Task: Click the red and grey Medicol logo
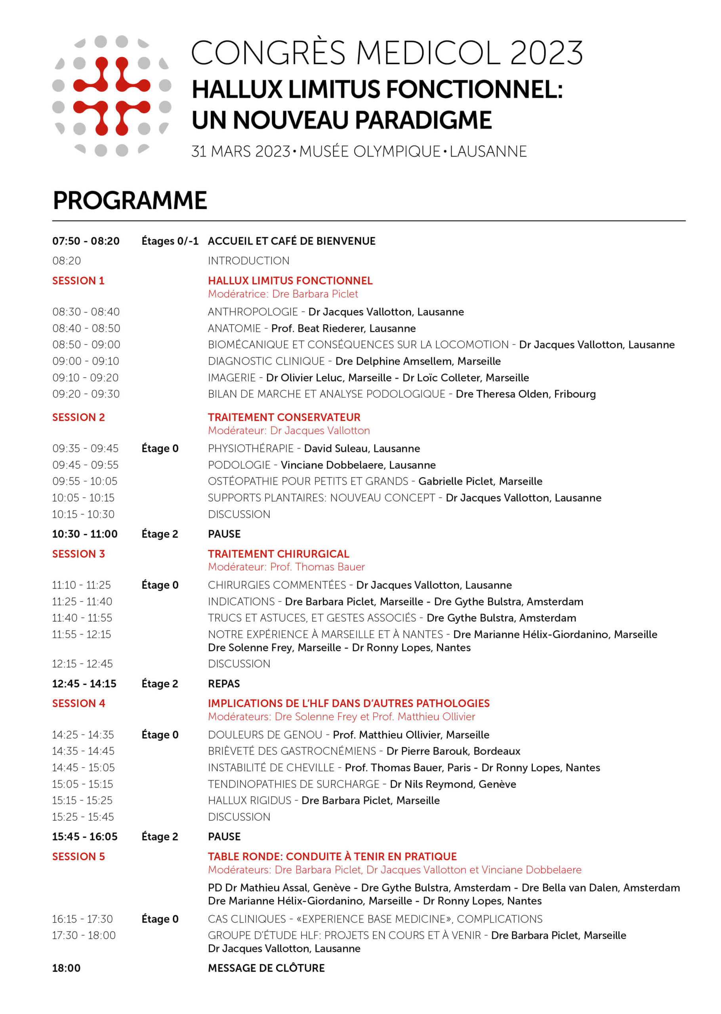point(111,96)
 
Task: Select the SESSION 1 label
point(78,280)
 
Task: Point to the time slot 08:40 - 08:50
point(86,328)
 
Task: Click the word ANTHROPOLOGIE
point(253,312)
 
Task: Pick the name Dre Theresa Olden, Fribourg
point(526,394)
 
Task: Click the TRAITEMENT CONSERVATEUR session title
point(284,417)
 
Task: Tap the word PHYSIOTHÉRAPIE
point(251,449)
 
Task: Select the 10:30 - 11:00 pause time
point(85,534)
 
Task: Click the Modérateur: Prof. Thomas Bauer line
point(286,567)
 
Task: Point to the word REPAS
point(224,683)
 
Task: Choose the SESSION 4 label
point(78,703)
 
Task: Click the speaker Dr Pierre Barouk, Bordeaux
point(453,751)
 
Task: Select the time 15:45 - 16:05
point(85,837)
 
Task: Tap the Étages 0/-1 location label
point(170,241)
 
